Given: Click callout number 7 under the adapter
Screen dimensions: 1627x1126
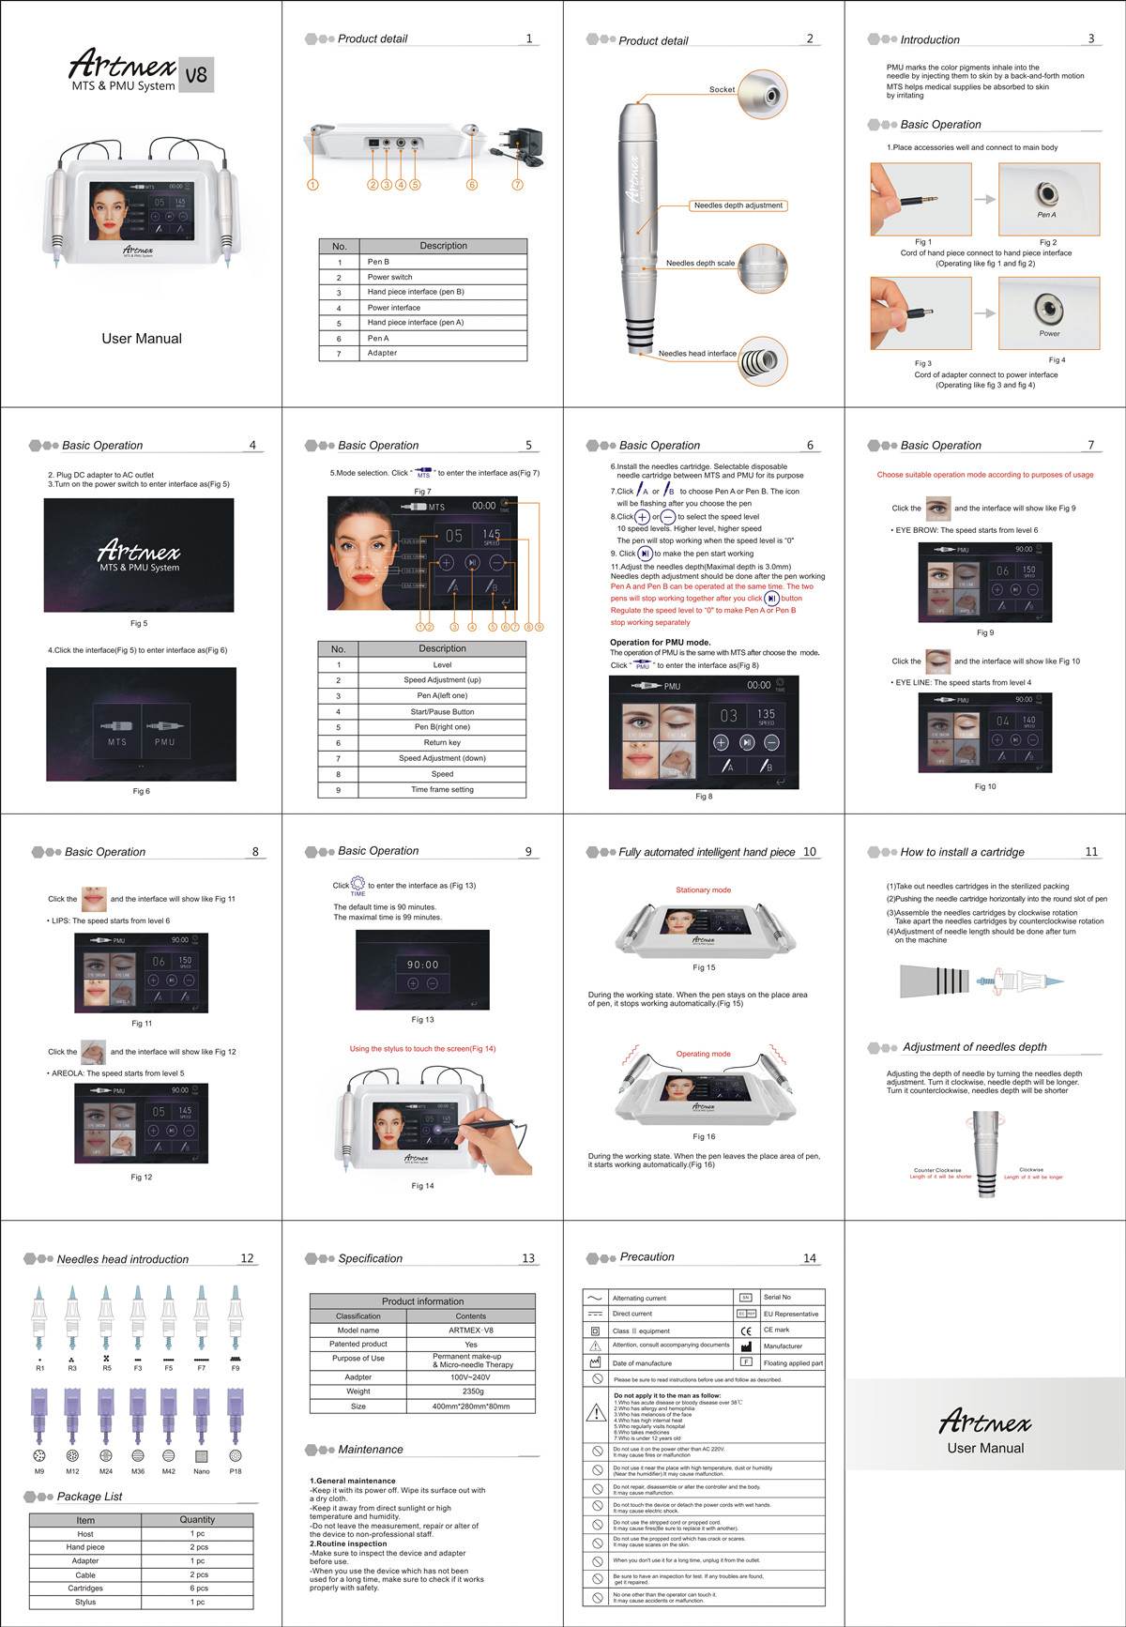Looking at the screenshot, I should (x=517, y=185).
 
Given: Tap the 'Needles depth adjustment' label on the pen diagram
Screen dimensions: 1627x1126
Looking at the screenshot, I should (x=738, y=205).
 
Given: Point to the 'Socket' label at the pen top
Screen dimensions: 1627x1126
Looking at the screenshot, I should (x=722, y=90).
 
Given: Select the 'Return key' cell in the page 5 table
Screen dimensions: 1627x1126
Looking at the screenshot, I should (x=442, y=742).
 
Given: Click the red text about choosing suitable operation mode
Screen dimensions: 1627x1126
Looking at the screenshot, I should (x=984, y=475).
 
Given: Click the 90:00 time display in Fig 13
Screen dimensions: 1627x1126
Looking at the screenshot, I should (x=422, y=965).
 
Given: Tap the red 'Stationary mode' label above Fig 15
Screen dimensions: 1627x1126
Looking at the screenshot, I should (x=703, y=890).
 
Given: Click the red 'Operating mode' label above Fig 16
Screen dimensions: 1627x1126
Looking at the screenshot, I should (x=703, y=1054).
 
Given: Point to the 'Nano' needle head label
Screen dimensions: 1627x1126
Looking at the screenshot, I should (x=201, y=1471).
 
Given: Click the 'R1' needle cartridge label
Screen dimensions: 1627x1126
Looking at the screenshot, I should (x=40, y=1369).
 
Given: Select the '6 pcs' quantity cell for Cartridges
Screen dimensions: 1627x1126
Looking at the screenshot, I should (x=197, y=1589).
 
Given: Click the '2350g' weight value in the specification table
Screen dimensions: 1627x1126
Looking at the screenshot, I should (x=470, y=1391).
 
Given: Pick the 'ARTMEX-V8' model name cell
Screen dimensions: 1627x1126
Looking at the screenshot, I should (x=470, y=1330).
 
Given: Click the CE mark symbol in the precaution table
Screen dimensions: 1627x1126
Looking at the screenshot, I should (x=746, y=1330).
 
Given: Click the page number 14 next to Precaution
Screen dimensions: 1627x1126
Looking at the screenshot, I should (x=809, y=1258).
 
